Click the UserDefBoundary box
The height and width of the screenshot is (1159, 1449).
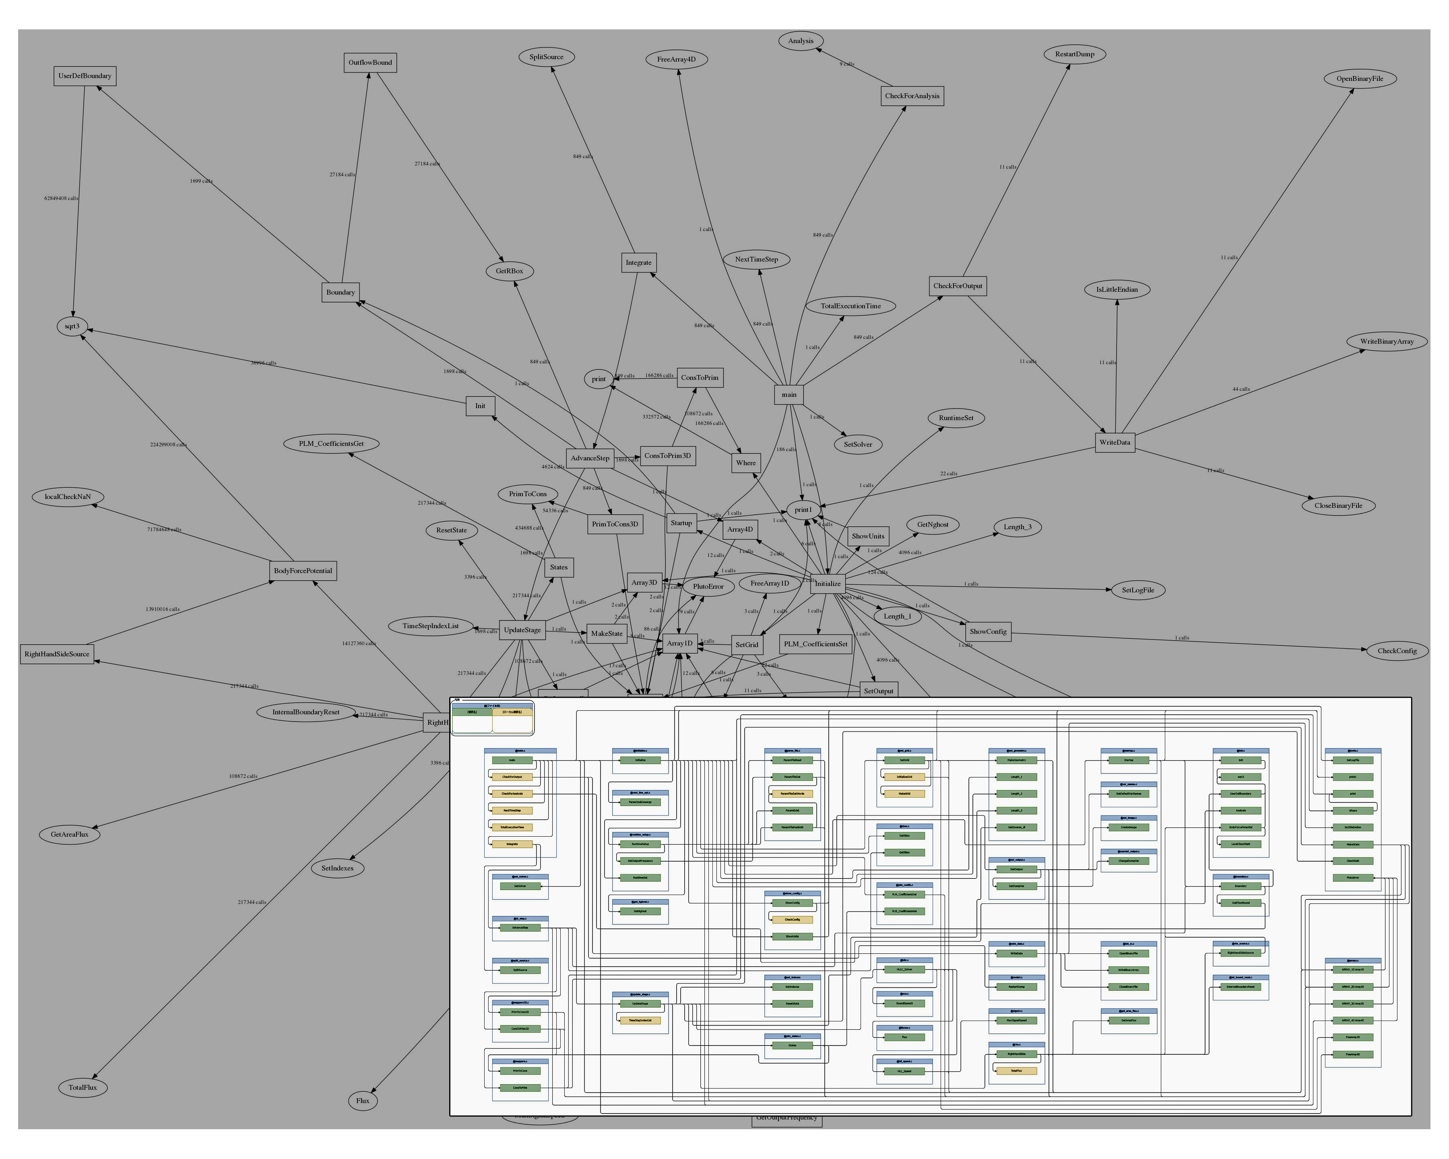click(x=85, y=76)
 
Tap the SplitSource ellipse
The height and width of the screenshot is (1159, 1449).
click(x=547, y=57)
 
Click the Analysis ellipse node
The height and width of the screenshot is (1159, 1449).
click(x=801, y=41)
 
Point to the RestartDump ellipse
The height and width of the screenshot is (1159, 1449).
click(x=1075, y=54)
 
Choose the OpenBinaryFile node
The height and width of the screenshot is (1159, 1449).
click(x=1360, y=78)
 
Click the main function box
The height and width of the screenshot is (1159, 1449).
click(x=789, y=395)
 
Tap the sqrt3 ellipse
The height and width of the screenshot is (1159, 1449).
click(x=72, y=326)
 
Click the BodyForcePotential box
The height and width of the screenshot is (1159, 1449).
click(x=303, y=571)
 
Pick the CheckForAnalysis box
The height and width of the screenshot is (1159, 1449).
click(x=912, y=96)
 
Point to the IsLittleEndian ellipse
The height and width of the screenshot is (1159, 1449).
click(x=1117, y=290)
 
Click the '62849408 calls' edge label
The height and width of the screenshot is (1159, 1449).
click(x=61, y=199)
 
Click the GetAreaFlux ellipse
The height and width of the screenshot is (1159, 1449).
click(x=70, y=835)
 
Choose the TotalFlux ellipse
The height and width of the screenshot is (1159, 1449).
click(x=83, y=1087)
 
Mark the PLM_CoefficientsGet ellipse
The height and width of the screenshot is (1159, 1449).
click(x=331, y=444)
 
